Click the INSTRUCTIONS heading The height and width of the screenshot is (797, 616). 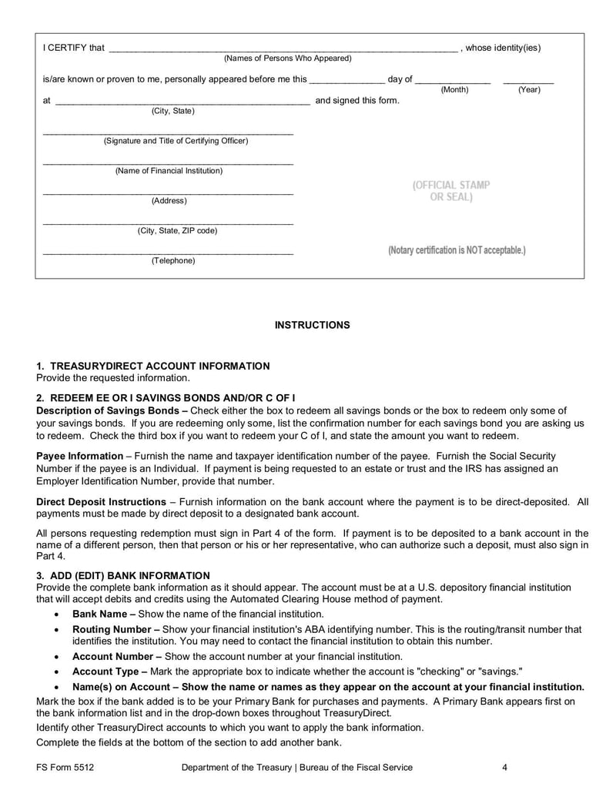point(312,325)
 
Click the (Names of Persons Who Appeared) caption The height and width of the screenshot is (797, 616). point(287,59)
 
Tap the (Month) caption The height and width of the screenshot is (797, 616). point(454,90)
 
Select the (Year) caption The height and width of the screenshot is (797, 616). point(528,90)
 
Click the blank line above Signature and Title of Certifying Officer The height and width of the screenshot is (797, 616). point(168,134)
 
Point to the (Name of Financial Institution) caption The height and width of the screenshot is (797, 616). point(169,171)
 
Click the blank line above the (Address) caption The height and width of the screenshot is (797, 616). point(168,193)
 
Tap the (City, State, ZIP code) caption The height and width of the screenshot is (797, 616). point(177,230)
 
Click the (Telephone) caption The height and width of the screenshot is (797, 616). point(173,261)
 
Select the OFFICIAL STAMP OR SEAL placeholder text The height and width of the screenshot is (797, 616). point(451,191)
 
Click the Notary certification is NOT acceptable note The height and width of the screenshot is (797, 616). point(457,251)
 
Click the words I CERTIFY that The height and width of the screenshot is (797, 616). point(73,48)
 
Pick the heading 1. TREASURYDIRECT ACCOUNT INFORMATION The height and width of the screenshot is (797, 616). point(153,366)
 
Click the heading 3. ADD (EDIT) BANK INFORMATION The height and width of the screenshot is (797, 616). point(123,575)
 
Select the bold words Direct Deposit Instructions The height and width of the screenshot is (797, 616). point(101,501)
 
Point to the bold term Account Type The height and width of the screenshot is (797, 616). point(105,671)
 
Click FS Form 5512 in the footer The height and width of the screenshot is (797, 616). point(65,767)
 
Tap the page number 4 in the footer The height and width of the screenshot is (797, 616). point(504,767)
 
